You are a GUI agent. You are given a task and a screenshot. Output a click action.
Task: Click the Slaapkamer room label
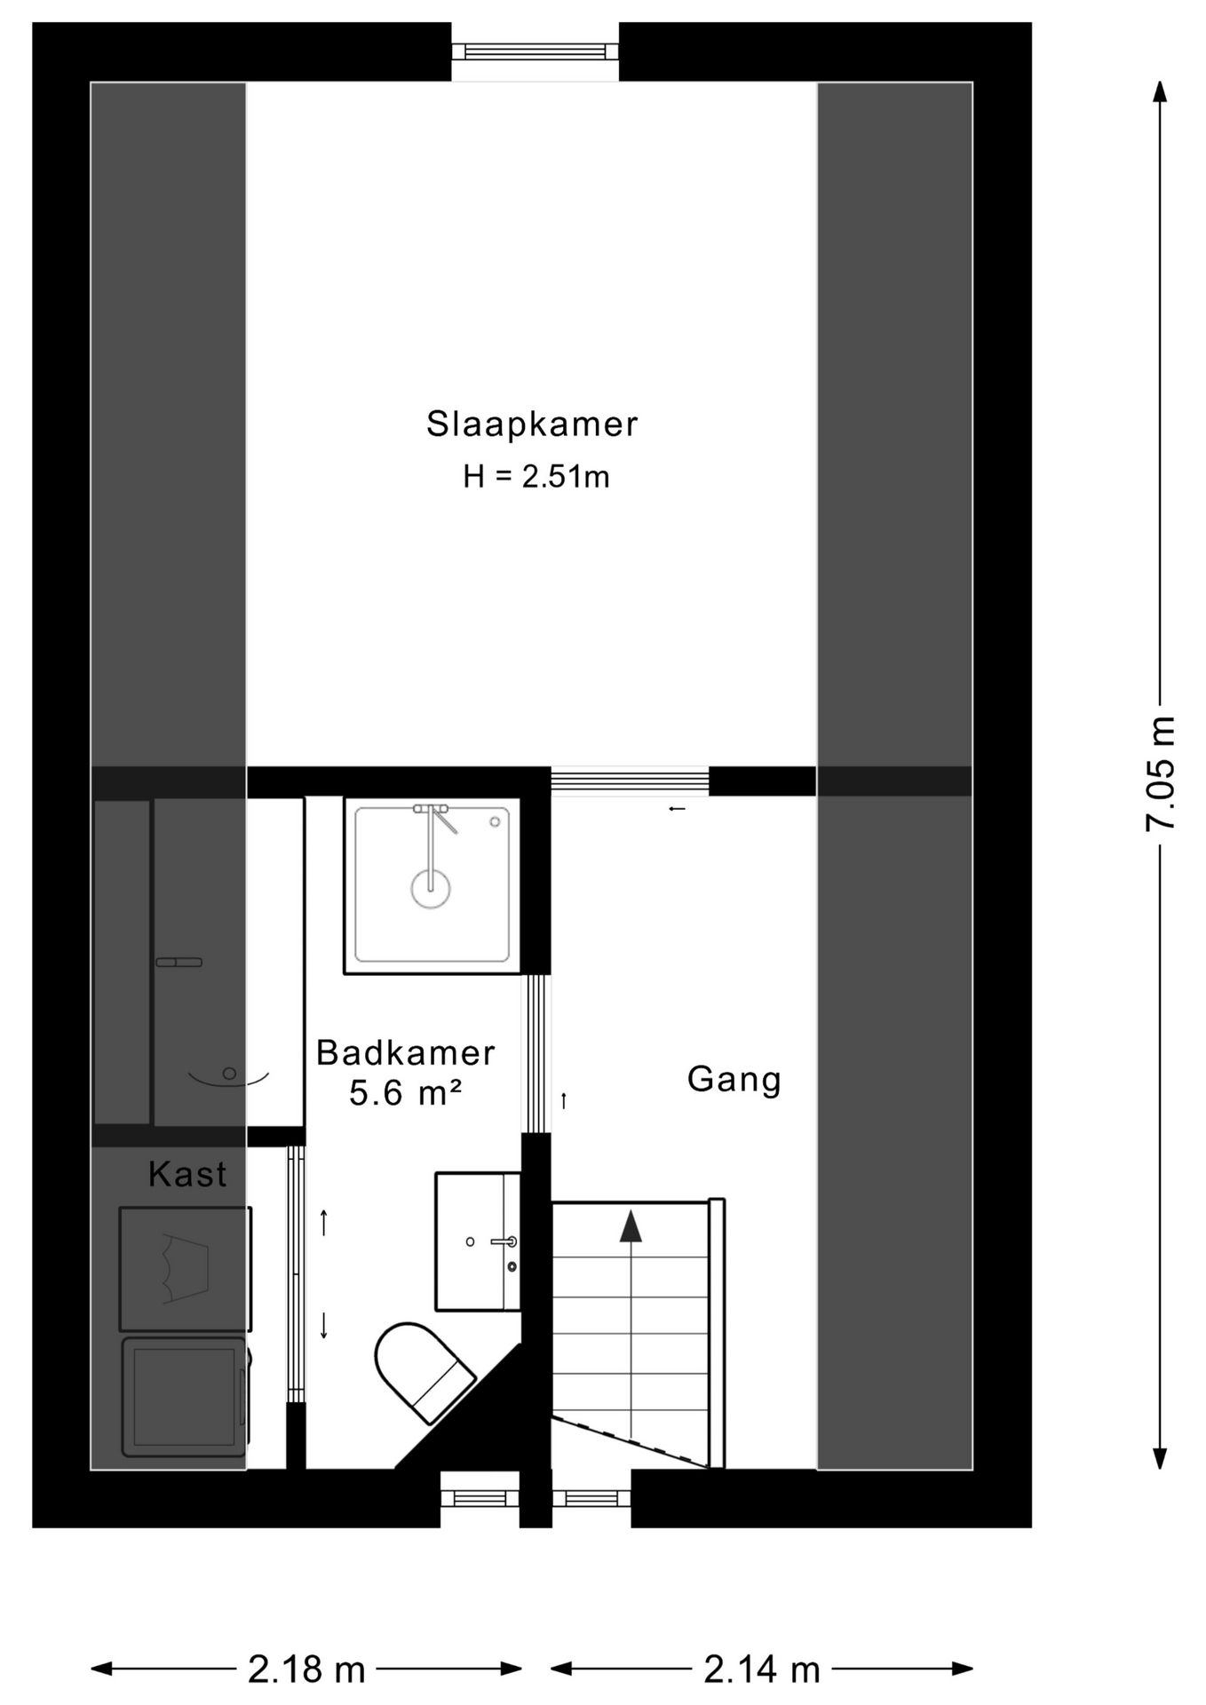(532, 424)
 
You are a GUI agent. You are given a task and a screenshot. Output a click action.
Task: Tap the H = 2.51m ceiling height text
(536, 477)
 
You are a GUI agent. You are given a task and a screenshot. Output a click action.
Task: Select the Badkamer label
(405, 1052)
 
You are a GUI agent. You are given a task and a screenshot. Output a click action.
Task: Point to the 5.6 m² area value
(405, 1092)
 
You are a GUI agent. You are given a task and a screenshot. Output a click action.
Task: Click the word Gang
(734, 1079)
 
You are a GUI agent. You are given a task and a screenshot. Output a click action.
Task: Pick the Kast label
(187, 1174)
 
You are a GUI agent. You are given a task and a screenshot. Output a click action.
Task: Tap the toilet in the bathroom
(423, 1371)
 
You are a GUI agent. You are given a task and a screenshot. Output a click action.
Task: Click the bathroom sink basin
(478, 1241)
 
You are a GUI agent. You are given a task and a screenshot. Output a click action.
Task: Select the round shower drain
(431, 888)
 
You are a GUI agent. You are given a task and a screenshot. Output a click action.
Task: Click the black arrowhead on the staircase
(631, 1226)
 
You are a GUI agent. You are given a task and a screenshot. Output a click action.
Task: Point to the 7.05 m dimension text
(1160, 773)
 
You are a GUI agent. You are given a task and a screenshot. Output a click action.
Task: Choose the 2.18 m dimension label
(306, 1669)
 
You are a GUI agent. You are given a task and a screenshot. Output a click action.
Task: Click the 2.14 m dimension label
(762, 1669)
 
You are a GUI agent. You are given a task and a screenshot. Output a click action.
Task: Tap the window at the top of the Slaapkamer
(535, 52)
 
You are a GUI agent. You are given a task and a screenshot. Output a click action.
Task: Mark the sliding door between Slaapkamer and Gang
(630, 781)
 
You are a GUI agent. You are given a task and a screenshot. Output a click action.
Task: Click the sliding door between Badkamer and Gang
(536, 1053)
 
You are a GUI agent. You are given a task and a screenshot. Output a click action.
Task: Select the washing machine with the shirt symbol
(186, 1268)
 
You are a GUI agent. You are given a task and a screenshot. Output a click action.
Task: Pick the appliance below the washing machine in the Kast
(186, 1397)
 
